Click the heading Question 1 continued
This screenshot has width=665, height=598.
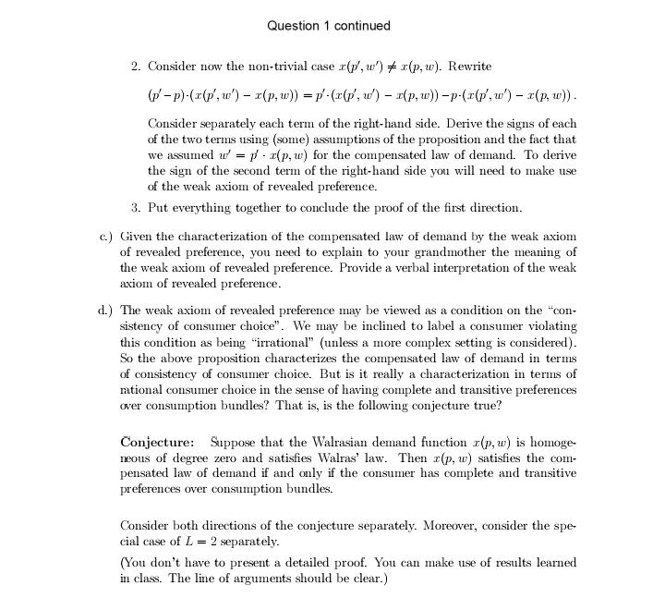point(329,26)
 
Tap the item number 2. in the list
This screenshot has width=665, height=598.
point(136,67)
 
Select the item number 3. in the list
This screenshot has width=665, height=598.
point(136,208)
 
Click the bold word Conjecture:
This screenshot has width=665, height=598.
point(157,442)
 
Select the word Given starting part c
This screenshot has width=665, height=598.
point(138,237)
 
